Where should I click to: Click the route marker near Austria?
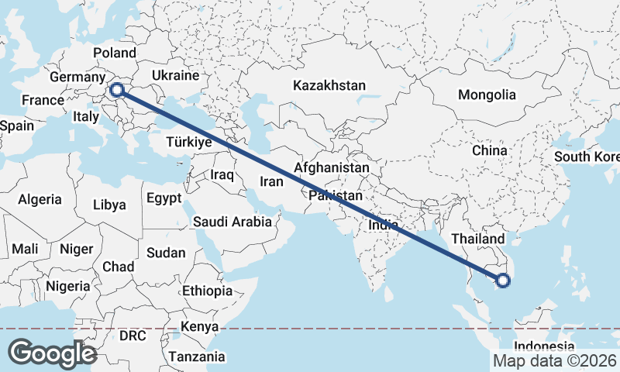click(117, 90)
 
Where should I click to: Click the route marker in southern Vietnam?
click(502, 281)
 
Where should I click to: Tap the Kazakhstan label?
click(329, 85)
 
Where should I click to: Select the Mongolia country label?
click(487, 95)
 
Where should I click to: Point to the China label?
click(489, 150)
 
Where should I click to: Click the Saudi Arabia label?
click(232, 222)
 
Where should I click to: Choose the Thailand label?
click(480, 239)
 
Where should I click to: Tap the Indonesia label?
click(545, 346)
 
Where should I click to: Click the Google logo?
click(52, 353)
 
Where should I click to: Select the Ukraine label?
click(175, 76)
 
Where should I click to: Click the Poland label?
click(115, 53)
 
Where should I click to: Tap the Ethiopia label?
click(207, 291)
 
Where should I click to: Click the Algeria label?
click(40, 199)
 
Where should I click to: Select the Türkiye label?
click(189, 143)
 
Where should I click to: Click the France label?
click(42, 101)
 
